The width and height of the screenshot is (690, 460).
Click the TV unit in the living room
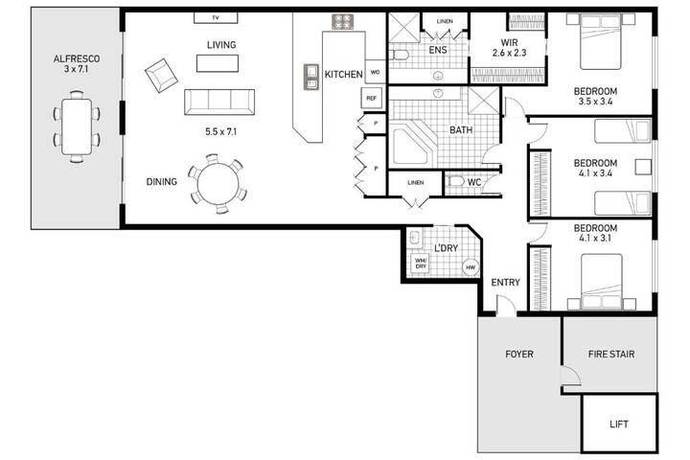point(216,17)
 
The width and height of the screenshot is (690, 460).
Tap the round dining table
point(218,184)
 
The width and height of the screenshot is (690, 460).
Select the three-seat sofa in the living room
point(219,103)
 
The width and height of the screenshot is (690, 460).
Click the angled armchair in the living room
point(162,76)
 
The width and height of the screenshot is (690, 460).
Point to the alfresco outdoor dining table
point(77,126)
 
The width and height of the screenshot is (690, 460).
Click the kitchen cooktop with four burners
point(342,22)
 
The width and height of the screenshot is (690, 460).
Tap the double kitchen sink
point(311,77)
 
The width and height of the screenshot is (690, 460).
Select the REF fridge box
point(372,98)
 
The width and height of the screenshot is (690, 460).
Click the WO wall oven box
point(376,72)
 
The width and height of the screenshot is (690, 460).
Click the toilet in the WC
point(456,181)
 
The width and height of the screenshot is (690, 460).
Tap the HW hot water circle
point(471,267)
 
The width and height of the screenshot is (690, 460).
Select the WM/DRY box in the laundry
point(421,264)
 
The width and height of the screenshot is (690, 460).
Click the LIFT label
point(619,425)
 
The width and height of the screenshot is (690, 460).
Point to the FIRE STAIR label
point(611,354)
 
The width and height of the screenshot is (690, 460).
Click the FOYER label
point(519,354)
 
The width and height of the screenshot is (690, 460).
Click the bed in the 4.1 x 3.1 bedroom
point(602,282)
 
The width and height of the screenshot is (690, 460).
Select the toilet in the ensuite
point(401,55)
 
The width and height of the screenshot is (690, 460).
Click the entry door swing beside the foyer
point(506,305)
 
